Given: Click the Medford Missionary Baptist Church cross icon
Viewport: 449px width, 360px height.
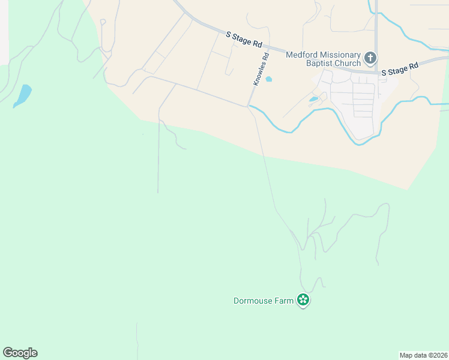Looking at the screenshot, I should (x=370, y=59).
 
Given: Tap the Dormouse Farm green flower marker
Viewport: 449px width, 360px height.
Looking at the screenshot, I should (x=304, y=300).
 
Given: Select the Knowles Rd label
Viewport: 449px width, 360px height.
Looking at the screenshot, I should (x=261, y=69).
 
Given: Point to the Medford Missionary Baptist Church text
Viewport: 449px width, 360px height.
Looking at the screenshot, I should (x=323, y=58).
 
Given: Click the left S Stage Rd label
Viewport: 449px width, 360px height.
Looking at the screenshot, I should (x=245, y=40).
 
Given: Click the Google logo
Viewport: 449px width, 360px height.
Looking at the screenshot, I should (x=20, y=353).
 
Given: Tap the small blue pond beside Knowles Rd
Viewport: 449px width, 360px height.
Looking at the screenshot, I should (x=268, y=79).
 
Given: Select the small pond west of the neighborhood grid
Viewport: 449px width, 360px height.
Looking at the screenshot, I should (x=314, y=99).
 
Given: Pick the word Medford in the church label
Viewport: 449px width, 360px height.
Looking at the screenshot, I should (x=301, y=54).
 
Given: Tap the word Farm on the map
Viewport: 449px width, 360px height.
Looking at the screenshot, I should (x=286, y=301).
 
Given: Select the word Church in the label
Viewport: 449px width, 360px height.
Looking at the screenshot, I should (x=348, y=63).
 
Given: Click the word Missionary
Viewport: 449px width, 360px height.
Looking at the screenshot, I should (x=339, y=54).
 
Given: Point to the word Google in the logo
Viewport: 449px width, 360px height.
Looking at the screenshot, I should (x=20, y=353).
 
